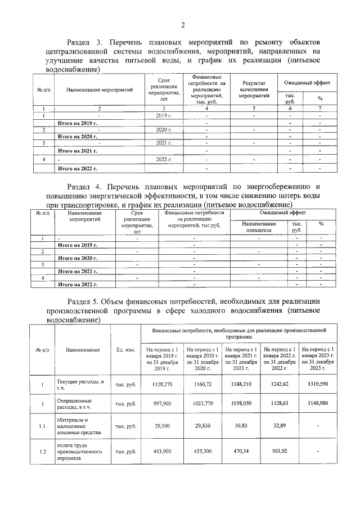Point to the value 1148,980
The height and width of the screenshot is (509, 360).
click(x=318, y=403)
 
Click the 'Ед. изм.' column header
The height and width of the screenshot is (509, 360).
click(x=125, y=350)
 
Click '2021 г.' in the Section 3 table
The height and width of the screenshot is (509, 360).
click(x=163, y=143)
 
